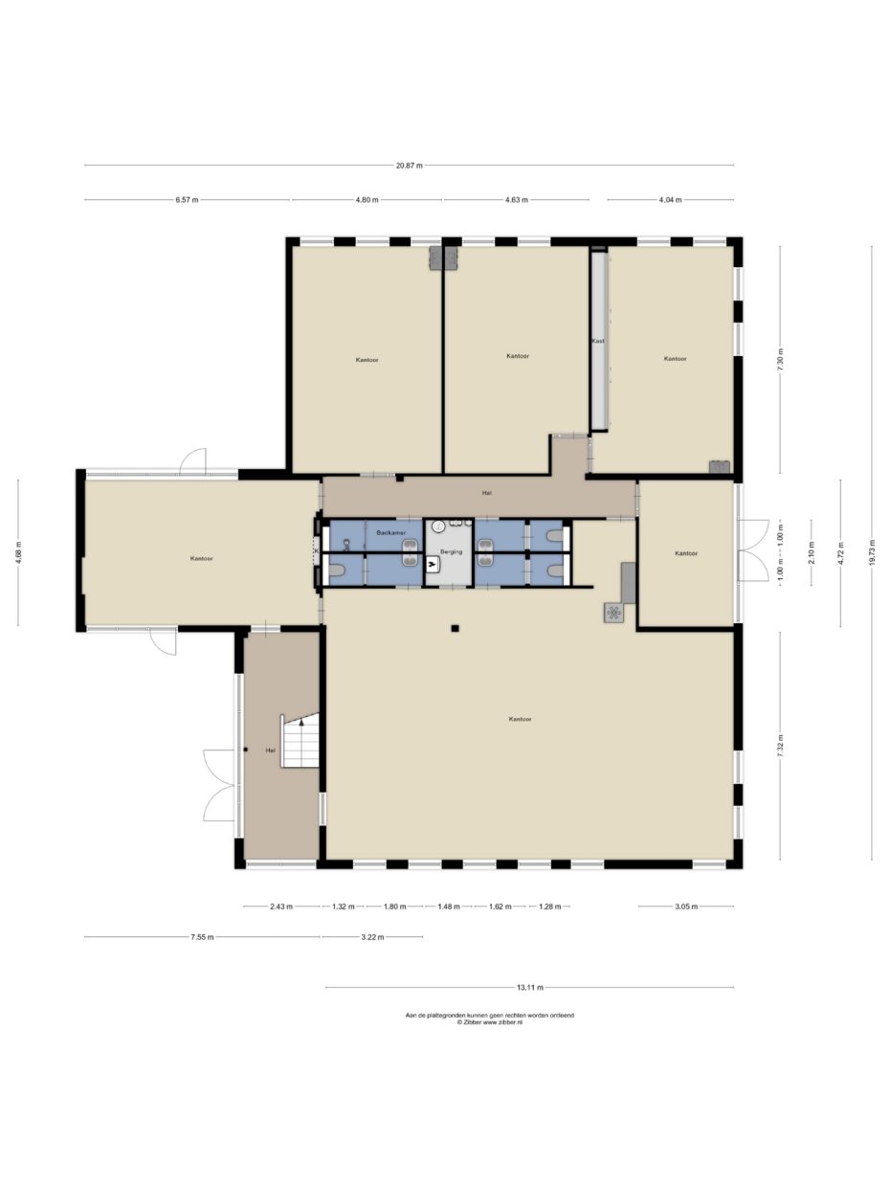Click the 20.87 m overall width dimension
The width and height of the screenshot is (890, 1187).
click(x=409, y=166)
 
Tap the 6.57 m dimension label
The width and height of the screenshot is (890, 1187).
click(x=187, y=199)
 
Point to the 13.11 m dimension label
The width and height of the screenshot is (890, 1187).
click(x=529, y=988)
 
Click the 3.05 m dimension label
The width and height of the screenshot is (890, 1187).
click(x=686, y=907)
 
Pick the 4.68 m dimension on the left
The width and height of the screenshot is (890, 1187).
click(x=18, y=552)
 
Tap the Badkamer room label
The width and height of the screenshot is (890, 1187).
click(x=391, y=532)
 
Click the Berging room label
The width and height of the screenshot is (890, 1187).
click(x=451, y=551)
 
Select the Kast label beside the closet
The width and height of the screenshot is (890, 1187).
click(x=598, y=341)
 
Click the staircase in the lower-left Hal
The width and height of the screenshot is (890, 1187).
click(x=300, y=741)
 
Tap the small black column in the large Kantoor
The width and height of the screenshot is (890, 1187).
click(x=455, y=628)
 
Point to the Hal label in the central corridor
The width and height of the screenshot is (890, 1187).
click(x=486, y=493)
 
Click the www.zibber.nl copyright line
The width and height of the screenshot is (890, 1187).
click(x=490, y=1022)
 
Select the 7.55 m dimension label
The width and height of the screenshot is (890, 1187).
click(x=202, y=937)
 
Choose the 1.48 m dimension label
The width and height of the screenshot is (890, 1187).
click(x=449, y=907)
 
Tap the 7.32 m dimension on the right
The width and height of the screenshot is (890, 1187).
click(x=780, y=747)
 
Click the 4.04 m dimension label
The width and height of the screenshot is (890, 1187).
click(x=670, y=199)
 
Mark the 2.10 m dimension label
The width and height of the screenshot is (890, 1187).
click(x=811, y=552)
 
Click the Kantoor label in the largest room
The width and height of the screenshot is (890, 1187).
click(x=520, y=719)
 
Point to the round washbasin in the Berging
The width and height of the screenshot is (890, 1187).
click(x=438, y=525)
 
